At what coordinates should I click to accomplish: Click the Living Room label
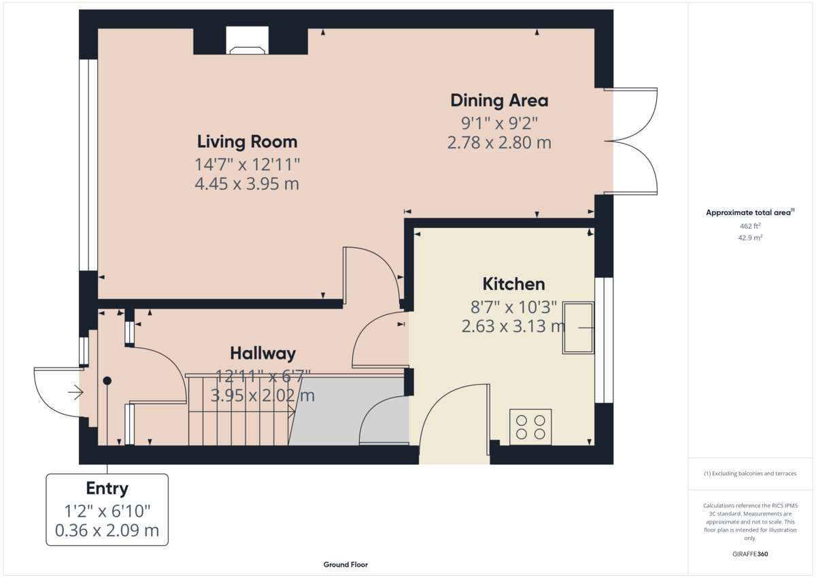247,142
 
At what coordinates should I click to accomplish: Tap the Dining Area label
499,101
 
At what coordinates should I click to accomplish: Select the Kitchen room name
513,284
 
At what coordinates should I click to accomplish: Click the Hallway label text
262,353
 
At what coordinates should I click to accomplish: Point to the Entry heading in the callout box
107,488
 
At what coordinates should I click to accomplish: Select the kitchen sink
577,328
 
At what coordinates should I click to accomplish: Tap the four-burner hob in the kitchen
530,427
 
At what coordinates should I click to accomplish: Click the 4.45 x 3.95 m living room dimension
247,184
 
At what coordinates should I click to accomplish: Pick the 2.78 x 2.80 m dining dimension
499,143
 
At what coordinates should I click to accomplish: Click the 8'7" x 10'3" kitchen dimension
513,306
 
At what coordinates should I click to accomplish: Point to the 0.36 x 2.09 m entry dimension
107,530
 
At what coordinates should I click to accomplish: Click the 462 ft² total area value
750,226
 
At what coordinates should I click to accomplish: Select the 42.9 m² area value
750,238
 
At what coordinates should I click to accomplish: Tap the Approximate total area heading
749,212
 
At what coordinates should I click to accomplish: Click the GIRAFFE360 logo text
750,554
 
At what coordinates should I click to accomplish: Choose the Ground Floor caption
345,564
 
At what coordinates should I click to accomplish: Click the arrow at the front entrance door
75,392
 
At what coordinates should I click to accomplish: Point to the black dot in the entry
107,381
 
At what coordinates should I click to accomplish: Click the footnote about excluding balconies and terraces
750,473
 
